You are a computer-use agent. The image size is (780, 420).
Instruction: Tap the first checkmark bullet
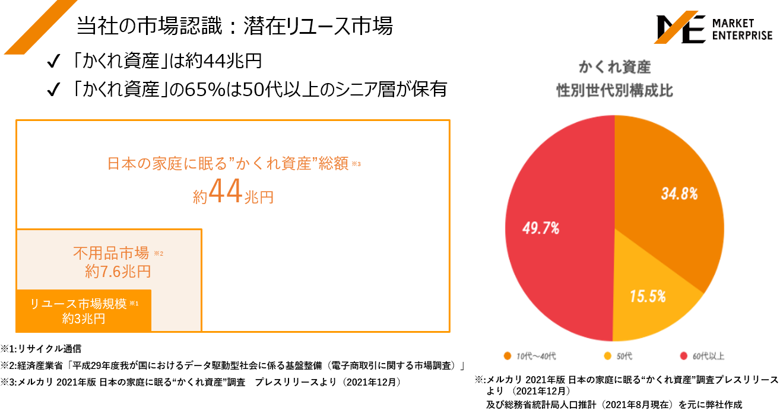click(53, 61)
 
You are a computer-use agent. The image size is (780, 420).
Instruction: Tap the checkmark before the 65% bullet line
click(53, 90)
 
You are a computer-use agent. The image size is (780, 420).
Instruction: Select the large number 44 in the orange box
click(226, 192)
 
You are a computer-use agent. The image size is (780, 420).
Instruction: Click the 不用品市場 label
click(110, 254)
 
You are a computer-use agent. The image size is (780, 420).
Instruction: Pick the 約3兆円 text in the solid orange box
click(84, 319)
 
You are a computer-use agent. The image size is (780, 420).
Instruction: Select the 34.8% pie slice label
click(679, 193)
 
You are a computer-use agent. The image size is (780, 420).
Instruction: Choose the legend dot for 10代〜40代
click(507, 356)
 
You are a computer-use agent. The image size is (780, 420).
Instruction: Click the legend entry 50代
click(624, 356)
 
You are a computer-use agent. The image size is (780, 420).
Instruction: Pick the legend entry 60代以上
click(707, 356)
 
